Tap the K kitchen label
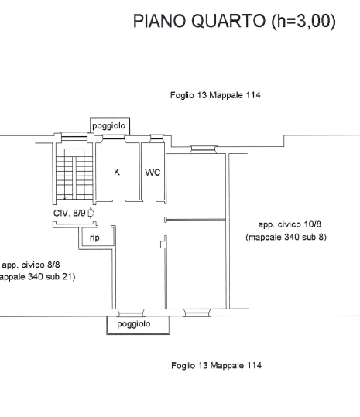pyautogui.click(x=117, y=172)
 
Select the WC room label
pyautogui.click(x=153, y=173)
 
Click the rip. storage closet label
pyautogui.click(x=96, y=238)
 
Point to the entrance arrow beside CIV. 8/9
pyautogui.click(x=91, y=213)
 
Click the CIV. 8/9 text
pyautogui.click(x=70, y=213)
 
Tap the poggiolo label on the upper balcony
pyautogui.click(x=109, y=126)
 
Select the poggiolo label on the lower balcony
pyautogui.click(x=134, y=324)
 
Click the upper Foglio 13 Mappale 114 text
pyautogui.click(x=215, y=95)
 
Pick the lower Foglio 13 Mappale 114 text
pyautogui.click(x=216, y=365)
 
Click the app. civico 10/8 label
pyautogui.click(x=290, y=224)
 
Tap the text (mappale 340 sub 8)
pyautogui.click(x=286, y=237)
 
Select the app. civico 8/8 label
pyautogui.click(x=31, y=265)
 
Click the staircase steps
pyautogui.click(x=74, y=178)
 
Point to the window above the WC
pyautogui.click(x=156, y=138)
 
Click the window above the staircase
pyautogui.click(x=74, y=137)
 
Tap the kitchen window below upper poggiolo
pyautogui.click(x=114, y=138)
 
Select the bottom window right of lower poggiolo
pyautogui.click(x=197, y=313)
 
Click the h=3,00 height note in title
pyautogui.click(x=303, y=21)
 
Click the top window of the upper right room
pyautogui.click(x=204, y=149)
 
